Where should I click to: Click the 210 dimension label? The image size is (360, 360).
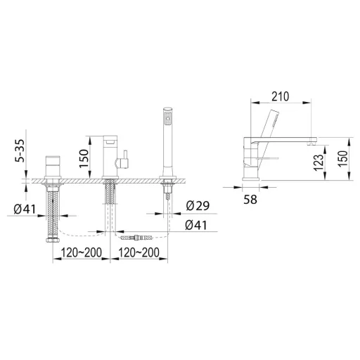click(x=281, y=96)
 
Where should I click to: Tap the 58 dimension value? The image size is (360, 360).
click(x=250, y=200)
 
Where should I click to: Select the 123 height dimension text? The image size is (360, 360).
click(x=319, y=162)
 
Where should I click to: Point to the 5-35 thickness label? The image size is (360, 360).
click(x=20, y=150)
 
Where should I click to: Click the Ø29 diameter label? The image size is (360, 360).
click(x=198, y=206)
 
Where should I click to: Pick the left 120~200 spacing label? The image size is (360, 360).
click(x=82, y=252)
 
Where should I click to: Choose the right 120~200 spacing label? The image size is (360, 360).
click(x=139, y=252)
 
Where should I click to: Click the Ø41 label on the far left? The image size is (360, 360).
click(x=25, y=209)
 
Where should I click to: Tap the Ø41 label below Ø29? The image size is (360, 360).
click(x=196, y=226)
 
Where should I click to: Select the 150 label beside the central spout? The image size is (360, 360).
click(x=84, y=158)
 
